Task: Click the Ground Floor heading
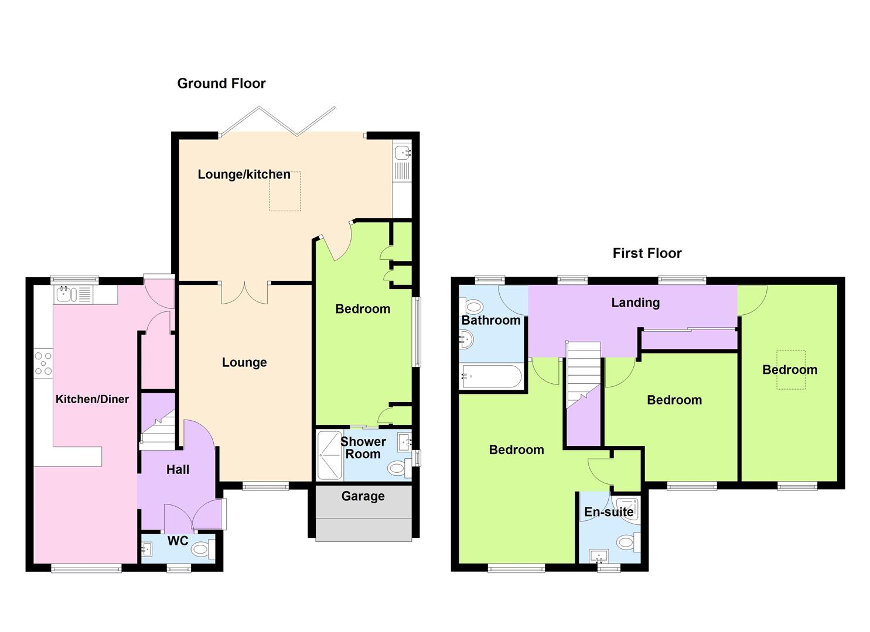coord(221,84)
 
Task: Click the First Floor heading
coord(647,253)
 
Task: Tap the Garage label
coord(363,496)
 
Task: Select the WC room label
coord(178,541)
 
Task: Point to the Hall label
coord(178,470)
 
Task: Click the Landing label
coord(636,303)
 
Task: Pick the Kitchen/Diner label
coord(92,399)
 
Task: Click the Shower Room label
coord(363,448)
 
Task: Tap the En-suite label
coord(609,512)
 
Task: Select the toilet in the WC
coord(203,549)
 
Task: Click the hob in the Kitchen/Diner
coord(43,364)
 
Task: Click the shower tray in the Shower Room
coord(330,455)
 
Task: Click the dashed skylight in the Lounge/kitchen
coord(285,191)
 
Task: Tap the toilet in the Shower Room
coord(399,468)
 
